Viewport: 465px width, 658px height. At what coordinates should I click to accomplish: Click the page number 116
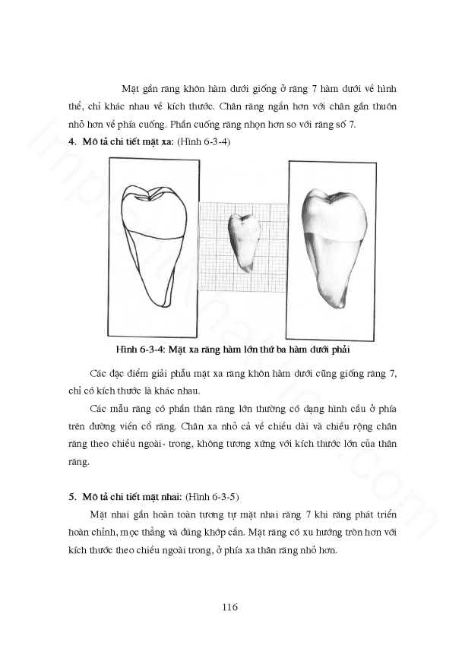tap(231, 607)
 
